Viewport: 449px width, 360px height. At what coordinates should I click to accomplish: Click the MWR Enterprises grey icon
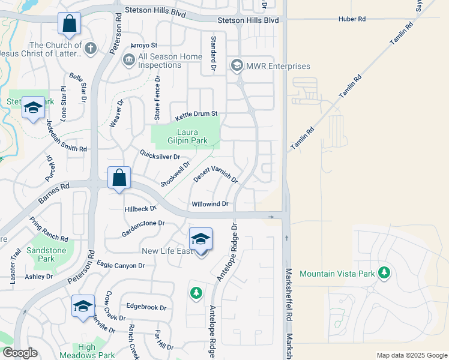[x=237, y=65]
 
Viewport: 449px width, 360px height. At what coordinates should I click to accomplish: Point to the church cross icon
[x=91, y=48]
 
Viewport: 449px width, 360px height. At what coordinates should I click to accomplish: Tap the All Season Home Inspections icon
[x=128, y=59]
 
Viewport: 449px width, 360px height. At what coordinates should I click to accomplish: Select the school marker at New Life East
[x=200, y=239]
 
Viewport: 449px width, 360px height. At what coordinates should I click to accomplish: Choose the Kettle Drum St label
[x=196, y=115]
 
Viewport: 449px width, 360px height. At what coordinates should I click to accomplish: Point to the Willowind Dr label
[x=210, y=204]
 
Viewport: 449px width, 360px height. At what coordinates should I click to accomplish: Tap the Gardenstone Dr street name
[x=143, y=223]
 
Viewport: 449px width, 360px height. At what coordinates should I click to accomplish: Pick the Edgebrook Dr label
[x=146, y=307]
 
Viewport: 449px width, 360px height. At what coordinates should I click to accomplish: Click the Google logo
[x=20, y=353]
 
